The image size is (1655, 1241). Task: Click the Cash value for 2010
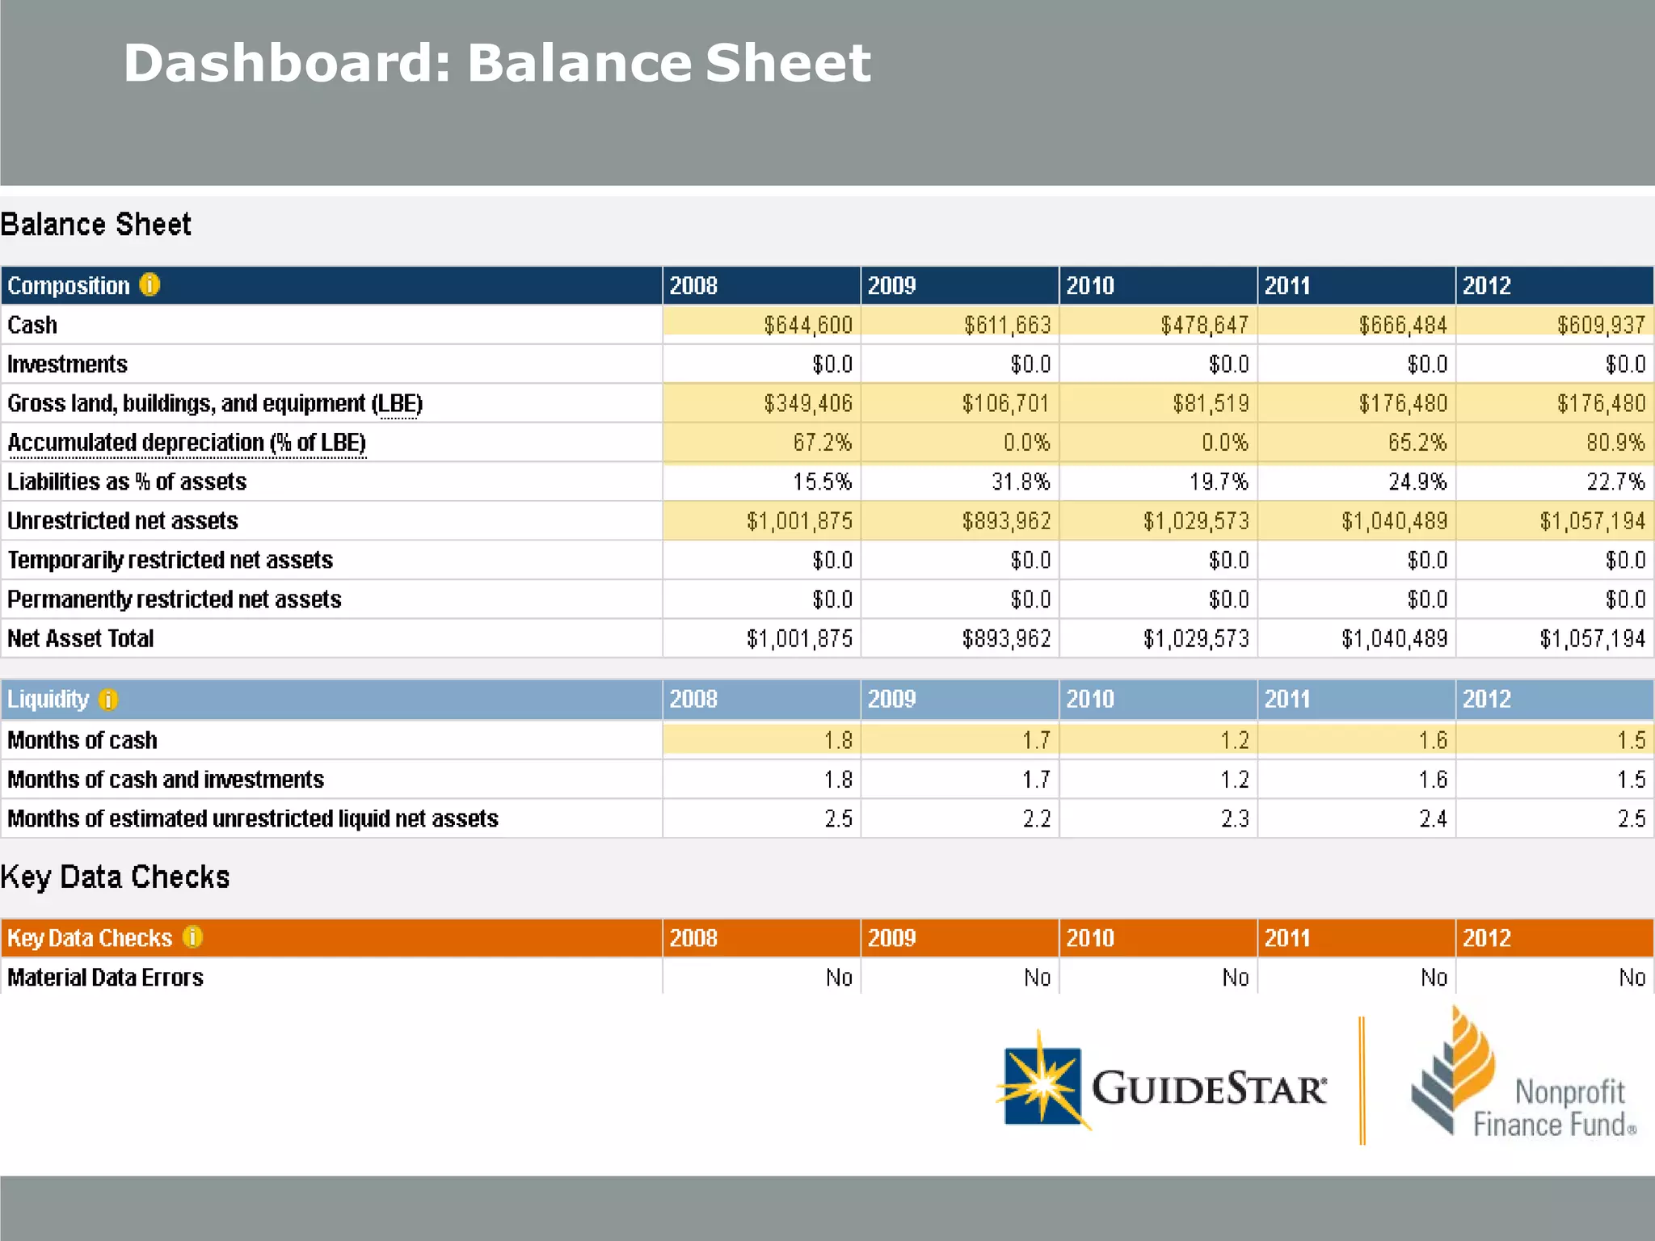point(1204,325)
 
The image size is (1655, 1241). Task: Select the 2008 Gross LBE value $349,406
point(807,403)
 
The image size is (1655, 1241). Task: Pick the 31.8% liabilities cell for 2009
point(1021,482)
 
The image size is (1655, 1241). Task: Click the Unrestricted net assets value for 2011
point(1394,521)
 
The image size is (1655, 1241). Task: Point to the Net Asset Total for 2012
point(1592,639)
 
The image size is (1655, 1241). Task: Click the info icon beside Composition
point(149,284)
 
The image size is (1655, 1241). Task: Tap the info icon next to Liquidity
point(108,699)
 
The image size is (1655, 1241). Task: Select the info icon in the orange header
point(192,937)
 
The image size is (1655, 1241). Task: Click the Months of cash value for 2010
point(1234,740)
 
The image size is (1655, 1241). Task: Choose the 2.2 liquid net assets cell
point(1036,818)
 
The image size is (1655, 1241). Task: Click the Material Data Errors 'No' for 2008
point(839,978)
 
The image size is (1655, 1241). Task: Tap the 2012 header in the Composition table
point(1487,285)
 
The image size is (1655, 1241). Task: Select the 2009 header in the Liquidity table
point(891,699)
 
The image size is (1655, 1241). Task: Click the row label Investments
point(67,364)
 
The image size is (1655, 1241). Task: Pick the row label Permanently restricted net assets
point(174,599)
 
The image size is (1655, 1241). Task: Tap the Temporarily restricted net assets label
point(170,560)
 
